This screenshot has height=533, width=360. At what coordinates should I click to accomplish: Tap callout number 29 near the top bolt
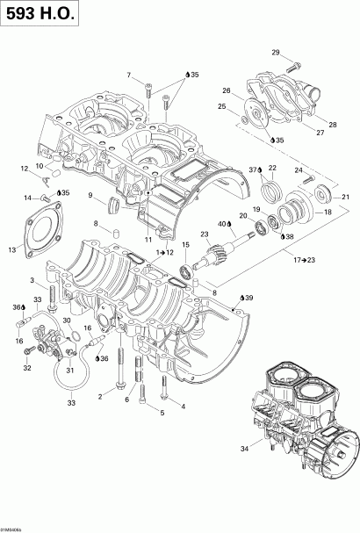[276, 54]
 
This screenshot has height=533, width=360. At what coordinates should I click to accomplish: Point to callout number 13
[11, 250]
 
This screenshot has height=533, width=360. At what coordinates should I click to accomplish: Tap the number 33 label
[72, 403]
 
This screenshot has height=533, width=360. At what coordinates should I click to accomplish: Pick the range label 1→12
[164, 252]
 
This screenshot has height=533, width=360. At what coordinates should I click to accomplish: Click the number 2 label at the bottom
[100, 397]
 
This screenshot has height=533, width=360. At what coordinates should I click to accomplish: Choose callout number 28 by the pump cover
[332, 126]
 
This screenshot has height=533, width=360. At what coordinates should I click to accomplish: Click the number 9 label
[90, 196]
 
